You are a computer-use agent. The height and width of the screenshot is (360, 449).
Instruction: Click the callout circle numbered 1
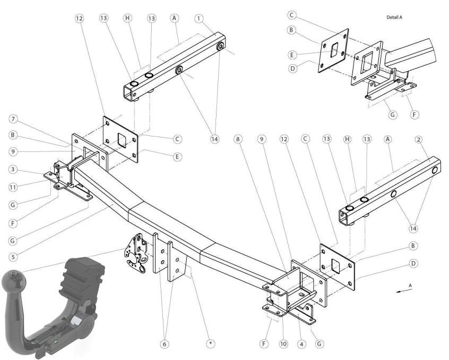tap(198, 19)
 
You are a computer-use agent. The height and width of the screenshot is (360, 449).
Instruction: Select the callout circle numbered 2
tap(419, 140)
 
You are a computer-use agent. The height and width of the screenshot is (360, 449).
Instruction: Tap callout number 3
tap(13, 169)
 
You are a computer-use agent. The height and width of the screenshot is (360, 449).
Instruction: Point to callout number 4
tap(301, 344)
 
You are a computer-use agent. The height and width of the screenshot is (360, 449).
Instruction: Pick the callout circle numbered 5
tap(13, 256)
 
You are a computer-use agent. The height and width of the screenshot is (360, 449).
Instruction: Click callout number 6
tap(165, 344)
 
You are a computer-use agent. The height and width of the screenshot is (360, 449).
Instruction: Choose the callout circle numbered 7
tap(13, 119)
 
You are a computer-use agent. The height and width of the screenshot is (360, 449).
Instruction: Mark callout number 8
tap(238, 139)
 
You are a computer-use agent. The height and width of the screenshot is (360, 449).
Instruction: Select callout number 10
tap(283, 344)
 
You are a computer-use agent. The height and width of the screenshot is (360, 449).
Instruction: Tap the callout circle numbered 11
tap(13, 187)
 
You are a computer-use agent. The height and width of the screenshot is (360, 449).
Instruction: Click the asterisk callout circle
tap(211, 344)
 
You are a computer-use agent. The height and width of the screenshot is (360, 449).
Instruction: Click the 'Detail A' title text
tap(394, 17)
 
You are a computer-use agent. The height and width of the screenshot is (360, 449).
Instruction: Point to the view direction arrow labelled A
tap(404, 290)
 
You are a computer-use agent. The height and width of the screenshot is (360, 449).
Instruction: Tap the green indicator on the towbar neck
tap(56, 342)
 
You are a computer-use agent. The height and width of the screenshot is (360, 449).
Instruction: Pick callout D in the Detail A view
tap(292, 68)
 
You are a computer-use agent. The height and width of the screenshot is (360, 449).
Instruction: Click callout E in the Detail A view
tap(292, 55)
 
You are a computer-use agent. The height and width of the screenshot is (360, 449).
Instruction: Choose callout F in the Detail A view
tap(414, 115)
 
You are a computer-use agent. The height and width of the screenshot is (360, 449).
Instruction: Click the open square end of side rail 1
tap(128, 93)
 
